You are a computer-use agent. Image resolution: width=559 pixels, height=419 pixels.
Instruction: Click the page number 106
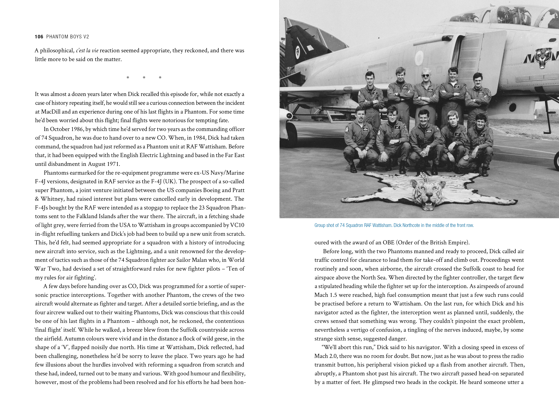coord(39,37)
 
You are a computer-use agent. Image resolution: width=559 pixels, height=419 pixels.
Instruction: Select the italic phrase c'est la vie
coord(87,50)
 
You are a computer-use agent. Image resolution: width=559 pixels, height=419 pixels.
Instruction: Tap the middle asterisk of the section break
coord(144,77)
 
